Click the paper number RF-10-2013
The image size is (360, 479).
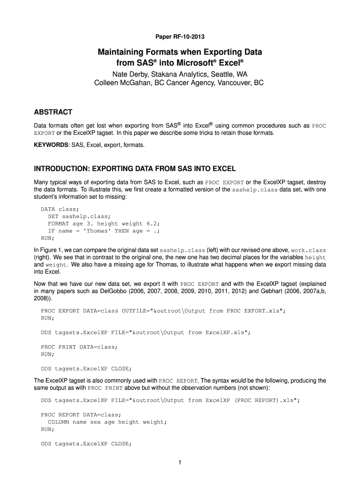(180, 36)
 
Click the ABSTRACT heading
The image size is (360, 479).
(53, 112)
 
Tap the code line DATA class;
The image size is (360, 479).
(60, 209)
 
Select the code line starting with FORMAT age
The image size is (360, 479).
(86, 224)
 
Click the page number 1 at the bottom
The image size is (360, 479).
(180, 463)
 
